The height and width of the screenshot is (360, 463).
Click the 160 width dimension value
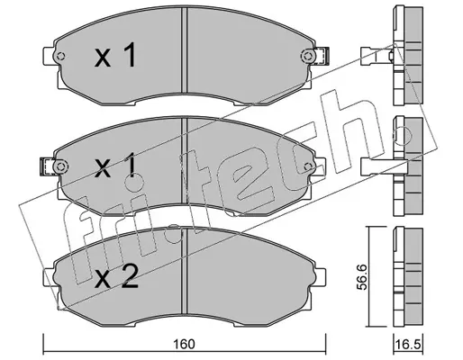(x=184, y=344)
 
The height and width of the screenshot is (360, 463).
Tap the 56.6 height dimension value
(x=362, y=276)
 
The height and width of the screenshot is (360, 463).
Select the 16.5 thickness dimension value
(x=407, y=345)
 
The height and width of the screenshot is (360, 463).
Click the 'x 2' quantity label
(x=116, y=277)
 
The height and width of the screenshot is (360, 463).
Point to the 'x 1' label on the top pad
(x=115, y=55)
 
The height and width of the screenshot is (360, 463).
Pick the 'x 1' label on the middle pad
(x=115, y=166)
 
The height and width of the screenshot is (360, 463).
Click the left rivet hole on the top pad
(x=61, y=56)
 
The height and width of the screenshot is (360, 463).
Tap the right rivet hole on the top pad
(x=307, y=56)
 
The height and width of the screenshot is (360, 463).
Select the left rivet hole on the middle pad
(x=60, y=166)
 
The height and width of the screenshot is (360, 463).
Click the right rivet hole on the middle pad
(x=307, y=166)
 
